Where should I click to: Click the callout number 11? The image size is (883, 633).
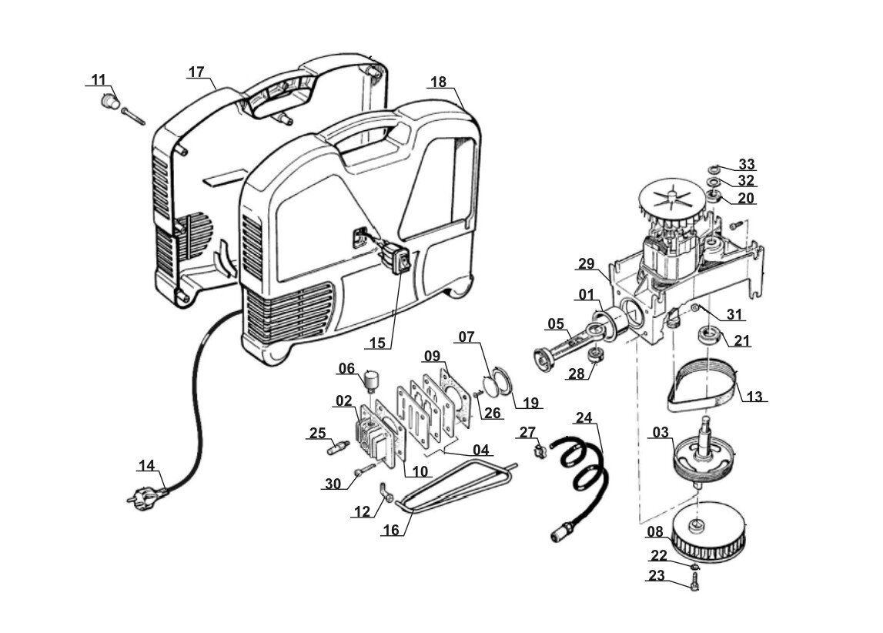tap(99, 79)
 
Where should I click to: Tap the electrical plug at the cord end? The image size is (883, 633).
tap(145, 497)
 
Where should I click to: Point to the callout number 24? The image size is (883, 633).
tap(584, 417)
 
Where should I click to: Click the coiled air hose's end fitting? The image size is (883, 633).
tap(564, 531)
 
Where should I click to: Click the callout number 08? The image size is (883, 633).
tap(655, 531)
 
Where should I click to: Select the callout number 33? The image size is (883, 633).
tap(746, 164)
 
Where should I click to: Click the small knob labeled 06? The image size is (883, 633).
tap(372, 381)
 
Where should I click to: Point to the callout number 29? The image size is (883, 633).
tap(586, 263)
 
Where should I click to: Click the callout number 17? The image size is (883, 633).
tap(196, 72)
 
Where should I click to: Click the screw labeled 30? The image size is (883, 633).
tap(365, 468)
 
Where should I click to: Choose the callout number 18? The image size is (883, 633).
tap(438, 82)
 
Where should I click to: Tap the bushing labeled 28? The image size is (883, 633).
tap(594, 355)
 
